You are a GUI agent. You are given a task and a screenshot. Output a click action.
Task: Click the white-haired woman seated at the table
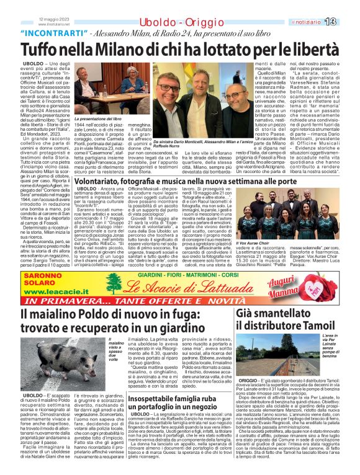click(132, 86)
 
